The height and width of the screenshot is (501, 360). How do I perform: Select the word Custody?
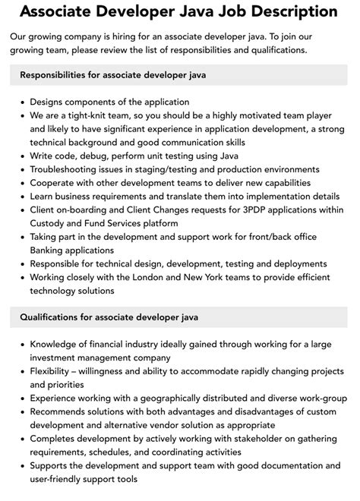click(x=50, y=224)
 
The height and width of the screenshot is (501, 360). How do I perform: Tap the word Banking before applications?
click(x=50, y=251)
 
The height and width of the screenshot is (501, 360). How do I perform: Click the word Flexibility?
click(x=57, y=371)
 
